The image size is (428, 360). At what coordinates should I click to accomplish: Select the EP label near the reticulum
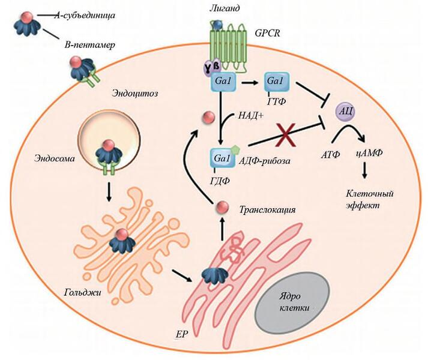pyautogui.click(x=181, y=331)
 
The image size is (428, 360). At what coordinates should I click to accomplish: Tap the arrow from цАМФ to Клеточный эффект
pyautogui.click(x=366, y=172)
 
